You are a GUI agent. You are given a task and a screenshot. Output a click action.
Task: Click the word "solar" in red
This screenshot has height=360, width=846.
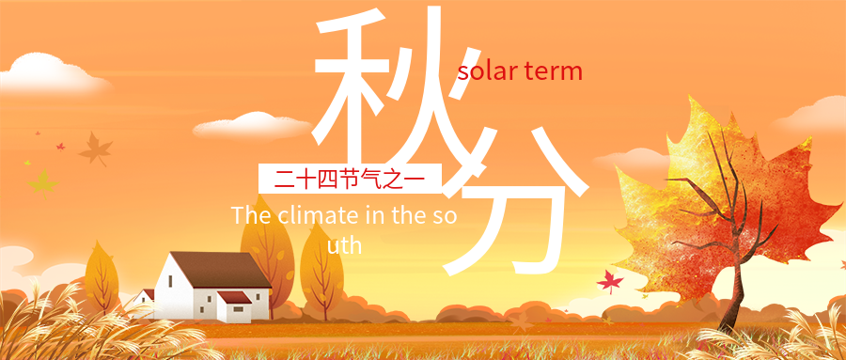pyautogui.click(x=486, y=71)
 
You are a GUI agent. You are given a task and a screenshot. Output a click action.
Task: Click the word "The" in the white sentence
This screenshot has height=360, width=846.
pyautogui.click(x=251, y=215)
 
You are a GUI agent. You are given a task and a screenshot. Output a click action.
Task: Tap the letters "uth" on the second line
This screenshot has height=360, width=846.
pyautogui.click(x=345, y=244)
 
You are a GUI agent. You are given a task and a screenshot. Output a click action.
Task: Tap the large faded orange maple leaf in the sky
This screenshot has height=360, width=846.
pyautogui.click(x=94, y=149)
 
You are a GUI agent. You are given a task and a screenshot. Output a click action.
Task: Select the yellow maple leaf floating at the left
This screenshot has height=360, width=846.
pyautogui.click(x=42, y=180)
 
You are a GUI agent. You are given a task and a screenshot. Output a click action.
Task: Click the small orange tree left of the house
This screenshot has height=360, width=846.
pyautogui.click(x=101, y=277)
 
